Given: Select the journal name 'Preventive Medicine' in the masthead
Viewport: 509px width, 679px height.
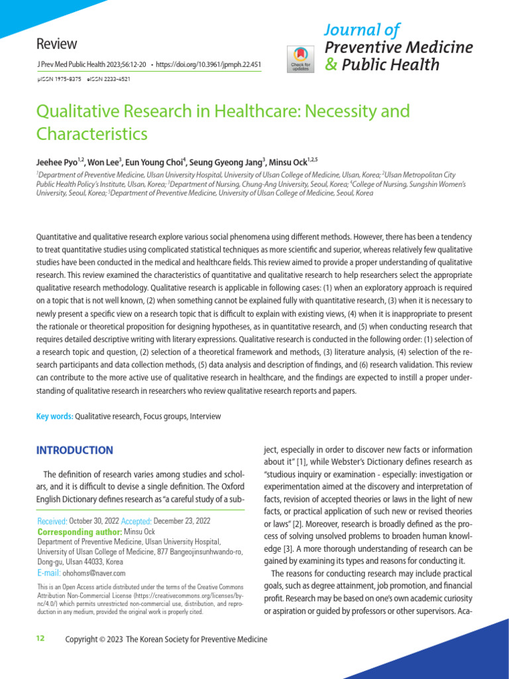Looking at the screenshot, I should click(x=399, y=47).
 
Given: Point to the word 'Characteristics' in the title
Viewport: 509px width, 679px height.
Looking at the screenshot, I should click(x=91, y=134).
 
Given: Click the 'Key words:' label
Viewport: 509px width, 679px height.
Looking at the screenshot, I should click(x=54, y=416).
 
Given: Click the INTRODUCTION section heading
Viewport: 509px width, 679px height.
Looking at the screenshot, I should click(x=74, y=451).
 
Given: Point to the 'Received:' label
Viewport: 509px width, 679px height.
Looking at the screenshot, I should click(x=52, y=522).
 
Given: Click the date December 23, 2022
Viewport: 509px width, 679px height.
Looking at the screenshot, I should click(x=183, y=522).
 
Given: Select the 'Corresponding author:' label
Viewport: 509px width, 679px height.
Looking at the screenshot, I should click(x=80, y=532).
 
